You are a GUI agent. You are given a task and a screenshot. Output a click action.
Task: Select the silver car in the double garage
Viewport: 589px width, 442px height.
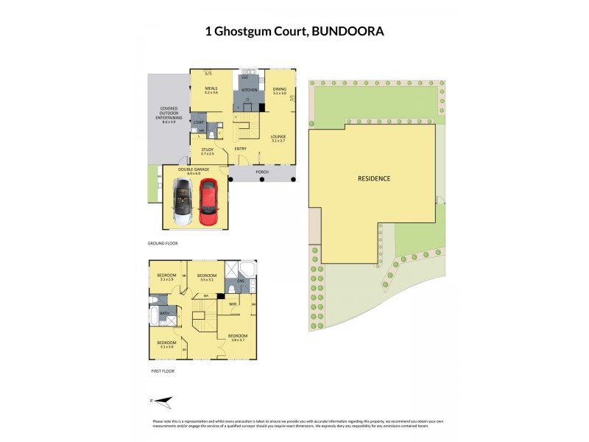(x=181, y=202)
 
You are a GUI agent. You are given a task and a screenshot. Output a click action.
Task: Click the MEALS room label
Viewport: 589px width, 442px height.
(x=211, y=88)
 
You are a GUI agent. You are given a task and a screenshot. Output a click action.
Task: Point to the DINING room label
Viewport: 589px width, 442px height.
(x=280, y=88)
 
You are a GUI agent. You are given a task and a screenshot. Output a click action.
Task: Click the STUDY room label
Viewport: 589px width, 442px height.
(x=207, y=150)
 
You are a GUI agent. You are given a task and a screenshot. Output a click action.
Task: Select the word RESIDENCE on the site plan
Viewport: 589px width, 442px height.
(x=373, y=179)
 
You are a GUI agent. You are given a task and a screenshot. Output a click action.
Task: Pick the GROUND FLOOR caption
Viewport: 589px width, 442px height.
(x=163, y=242)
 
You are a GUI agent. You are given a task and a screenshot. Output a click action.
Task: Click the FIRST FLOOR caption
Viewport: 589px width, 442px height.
(x=161, y=371)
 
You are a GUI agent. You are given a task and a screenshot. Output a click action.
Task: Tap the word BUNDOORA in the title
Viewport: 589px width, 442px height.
(x=348, y=32)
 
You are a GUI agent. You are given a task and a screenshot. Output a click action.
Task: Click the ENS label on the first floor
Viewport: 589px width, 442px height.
(x=240, y=281)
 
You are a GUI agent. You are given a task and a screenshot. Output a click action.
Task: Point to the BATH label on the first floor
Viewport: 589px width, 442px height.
(x=165, y=314)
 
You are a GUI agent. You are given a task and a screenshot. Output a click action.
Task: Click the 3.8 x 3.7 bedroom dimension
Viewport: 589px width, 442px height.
(x=237, y=339)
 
